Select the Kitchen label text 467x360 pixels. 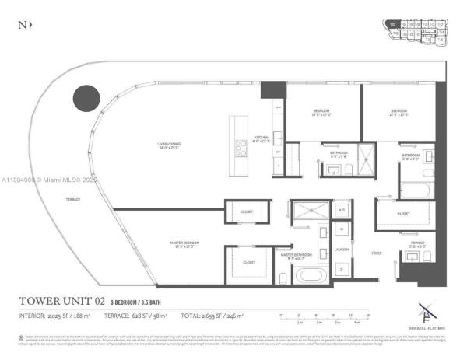pyautogui.click(x=261, y=138)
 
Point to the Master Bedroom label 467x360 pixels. pyautogui.click(x=186, y=244)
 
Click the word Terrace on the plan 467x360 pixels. pyautogui.click(x=73, y=200)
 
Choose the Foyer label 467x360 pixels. pyautogui.click(x=376, y=253)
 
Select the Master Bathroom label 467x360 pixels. pyautogui.click(x=297, y=255)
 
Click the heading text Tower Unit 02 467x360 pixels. pyautogui.click(x=65, y=301)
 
